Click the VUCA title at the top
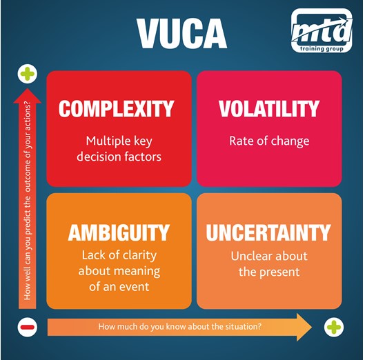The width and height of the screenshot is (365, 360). [x=182, y=33]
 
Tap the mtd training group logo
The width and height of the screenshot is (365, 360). [x=322, y=30]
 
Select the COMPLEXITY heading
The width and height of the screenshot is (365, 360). [x=116, y=109]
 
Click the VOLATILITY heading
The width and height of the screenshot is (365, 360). [x=269, y=109]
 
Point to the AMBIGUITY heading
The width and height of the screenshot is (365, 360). [x=119, y=232]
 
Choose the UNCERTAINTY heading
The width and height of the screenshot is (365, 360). [x=268, y=232]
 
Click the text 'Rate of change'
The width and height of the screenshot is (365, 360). [x=269, y=141]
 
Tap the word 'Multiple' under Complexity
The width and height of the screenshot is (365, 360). [x=105, y=141]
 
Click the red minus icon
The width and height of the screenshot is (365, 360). [x=27, y=327]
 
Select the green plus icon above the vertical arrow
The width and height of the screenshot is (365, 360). [x=27, y=74]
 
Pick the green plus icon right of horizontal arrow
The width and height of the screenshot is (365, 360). [x=334, y=327]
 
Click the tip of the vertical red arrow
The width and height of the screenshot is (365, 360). [x=27, y=89]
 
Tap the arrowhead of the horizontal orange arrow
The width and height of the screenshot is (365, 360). [x=311, y=327]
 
